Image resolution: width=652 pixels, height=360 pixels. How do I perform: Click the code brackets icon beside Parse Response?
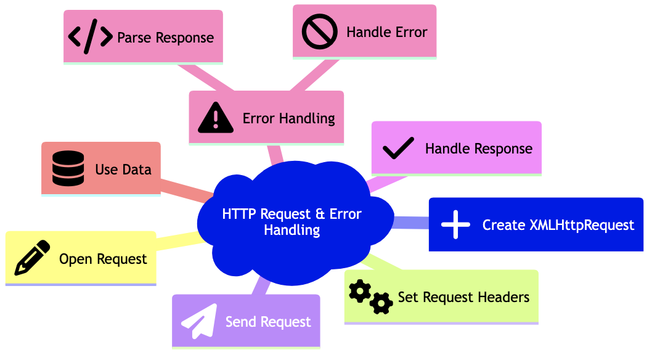coord(90,37)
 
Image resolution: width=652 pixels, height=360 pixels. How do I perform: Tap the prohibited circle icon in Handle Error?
coord(319,32)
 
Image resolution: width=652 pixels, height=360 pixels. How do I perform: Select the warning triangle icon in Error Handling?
coord(216,118)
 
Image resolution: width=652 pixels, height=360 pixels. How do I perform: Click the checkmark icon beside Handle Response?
coord(398,149)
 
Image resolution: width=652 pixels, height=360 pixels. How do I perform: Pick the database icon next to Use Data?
coord(68,170)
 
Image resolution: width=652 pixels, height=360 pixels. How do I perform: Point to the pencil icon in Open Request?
coord(32,258)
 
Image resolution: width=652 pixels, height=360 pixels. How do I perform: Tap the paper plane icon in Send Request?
coord(198,321)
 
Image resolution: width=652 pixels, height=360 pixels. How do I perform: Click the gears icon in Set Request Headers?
coord(370,297)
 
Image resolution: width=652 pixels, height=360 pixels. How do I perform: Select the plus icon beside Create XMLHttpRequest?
coord(455,225)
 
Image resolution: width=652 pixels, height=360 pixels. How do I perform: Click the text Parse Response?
coord(165,38)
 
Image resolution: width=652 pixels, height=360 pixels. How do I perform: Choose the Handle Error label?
coord(386,32)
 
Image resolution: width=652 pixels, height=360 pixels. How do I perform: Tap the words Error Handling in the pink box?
coord(288,118)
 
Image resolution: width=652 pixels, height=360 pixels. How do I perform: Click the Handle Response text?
coord(478,149)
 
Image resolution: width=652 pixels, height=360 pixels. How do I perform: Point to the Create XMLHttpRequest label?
coord(558,225)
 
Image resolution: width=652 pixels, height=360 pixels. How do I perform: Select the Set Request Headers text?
coord(463,297)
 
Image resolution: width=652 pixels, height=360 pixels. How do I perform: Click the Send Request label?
coord(268,321)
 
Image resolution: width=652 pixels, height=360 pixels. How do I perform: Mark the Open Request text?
coord(103,259)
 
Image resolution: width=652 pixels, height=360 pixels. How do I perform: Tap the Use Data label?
coord(123,170)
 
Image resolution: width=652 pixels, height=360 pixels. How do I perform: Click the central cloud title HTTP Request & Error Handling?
coord(291,222)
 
